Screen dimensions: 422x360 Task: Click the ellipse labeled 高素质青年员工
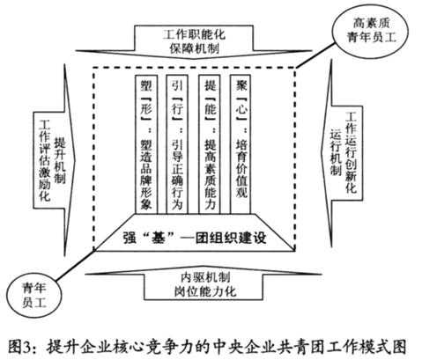[x=371, y=30]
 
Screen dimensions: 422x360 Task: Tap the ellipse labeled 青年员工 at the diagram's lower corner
[x=34, y=295]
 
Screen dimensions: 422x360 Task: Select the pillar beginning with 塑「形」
[x=146, y=144]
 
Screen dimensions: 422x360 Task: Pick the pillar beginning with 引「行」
[x=177, y=144]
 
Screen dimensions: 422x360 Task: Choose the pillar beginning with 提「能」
[x=210, y=144]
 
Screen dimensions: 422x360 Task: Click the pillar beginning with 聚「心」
[x=241, y=144]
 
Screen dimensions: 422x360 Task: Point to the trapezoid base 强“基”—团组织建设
[x=195, y=232]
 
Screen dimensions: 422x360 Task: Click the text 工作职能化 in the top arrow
[x=194, y=34]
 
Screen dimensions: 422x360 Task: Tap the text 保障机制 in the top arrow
[x=194, y=48]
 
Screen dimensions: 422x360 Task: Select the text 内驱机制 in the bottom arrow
[x=205, y=277]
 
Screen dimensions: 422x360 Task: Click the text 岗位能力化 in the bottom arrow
[x=205, y=291]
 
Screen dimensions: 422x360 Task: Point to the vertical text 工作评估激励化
[x=45, y=160]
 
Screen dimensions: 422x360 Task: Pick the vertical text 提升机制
[x=60, y=160]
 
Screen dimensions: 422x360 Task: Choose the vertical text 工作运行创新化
[x=351, y=152]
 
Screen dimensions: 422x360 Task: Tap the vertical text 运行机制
[x=336, y=152]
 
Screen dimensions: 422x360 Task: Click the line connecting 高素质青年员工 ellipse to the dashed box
[x=315, y=55]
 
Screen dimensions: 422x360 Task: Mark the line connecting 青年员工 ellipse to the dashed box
[x=75, y=265]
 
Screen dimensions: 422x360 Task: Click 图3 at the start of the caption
[x=19, y=347]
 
